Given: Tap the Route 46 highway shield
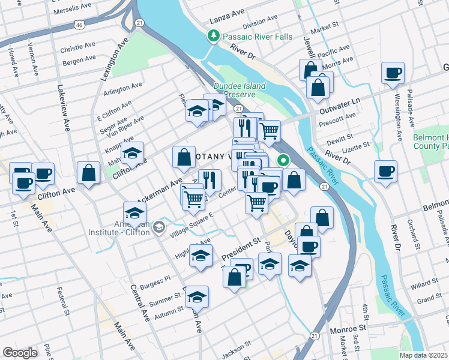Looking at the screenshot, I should point(79,25).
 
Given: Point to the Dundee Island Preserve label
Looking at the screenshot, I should point(240,90).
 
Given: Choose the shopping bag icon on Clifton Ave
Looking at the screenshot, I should point(88,173).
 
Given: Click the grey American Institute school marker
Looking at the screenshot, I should point(158,227).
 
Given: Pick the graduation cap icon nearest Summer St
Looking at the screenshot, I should point(196,296).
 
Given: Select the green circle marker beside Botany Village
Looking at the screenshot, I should point(283,160).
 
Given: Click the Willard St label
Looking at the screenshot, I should point(425,286).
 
